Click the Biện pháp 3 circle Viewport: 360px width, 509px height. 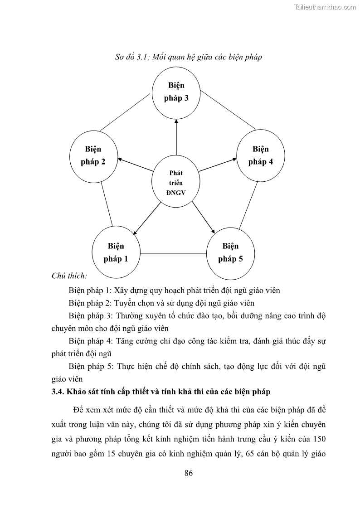[x=175, y=92]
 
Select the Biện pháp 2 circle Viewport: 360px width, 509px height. [x=93, y=155]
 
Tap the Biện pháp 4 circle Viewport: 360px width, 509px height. [x=261, y=155]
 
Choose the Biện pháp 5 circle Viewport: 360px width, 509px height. [x=230, y=253]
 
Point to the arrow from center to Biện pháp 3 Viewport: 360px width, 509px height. [x=176, y=136]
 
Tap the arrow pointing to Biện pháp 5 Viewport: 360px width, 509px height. [x=203, y=217]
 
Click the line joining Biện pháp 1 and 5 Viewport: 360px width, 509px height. [x=173, y=253]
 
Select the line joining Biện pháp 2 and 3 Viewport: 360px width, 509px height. [x=126, y=111]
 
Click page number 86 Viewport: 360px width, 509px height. [x=189, y=473]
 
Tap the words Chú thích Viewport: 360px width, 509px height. [x=69, y=275]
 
